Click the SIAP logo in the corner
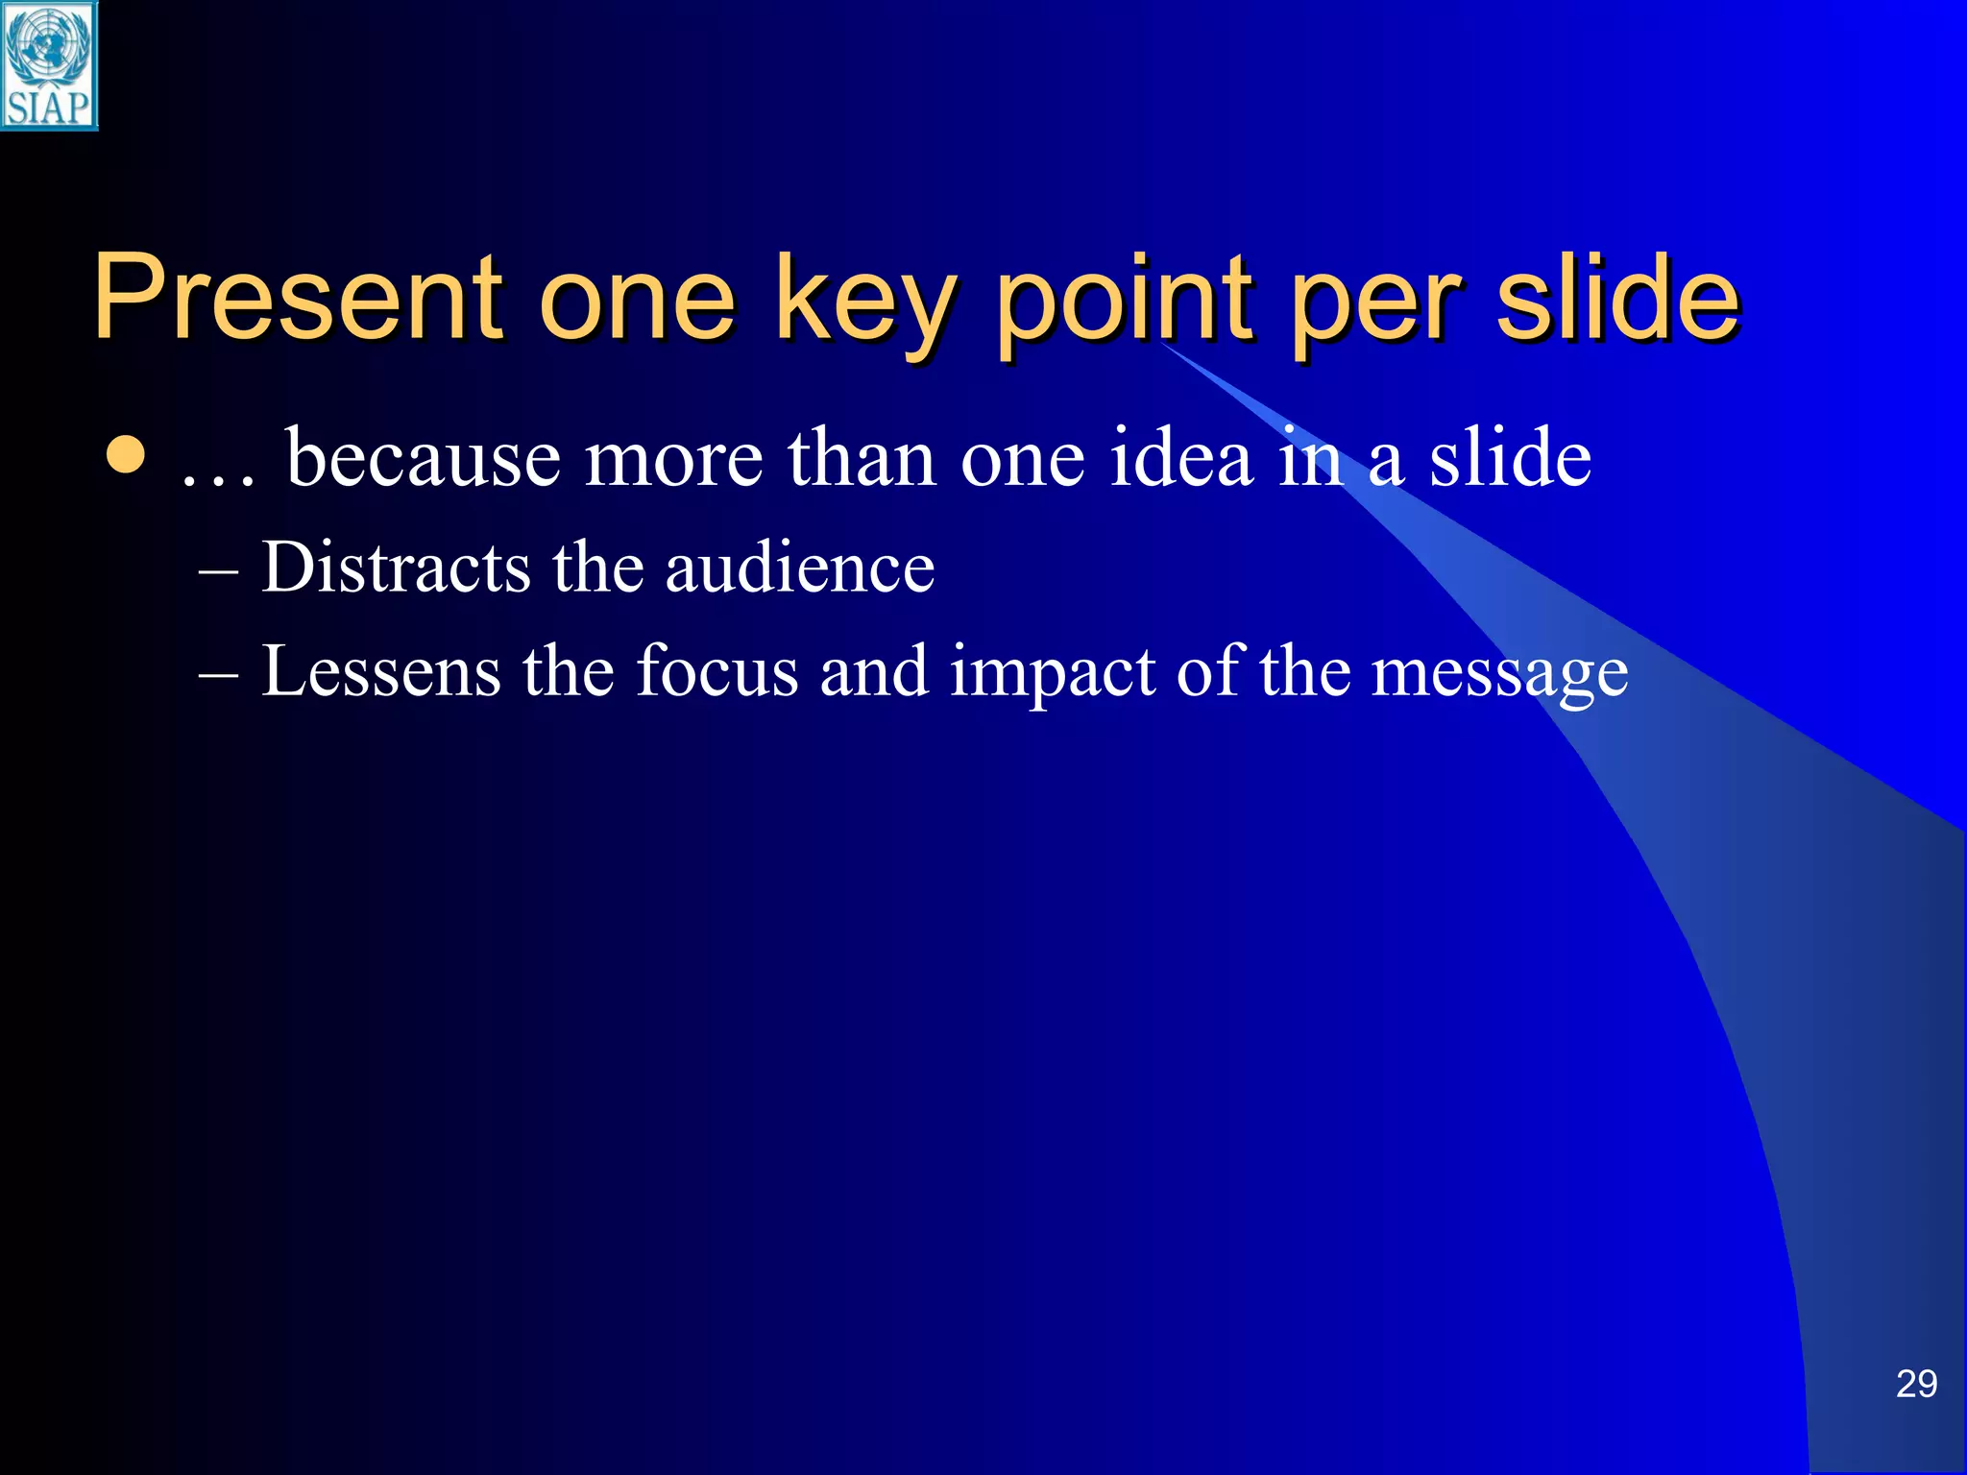tap(49, 65)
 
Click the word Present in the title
tap(298, 297)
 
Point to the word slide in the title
tap(1617, 297)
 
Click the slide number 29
tap(1916, 1384)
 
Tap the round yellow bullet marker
tap(126, 457)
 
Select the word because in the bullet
tap(423, 458)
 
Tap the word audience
tap(800, 568)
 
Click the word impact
tap(1052, 672)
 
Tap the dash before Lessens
tap(219, 676)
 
